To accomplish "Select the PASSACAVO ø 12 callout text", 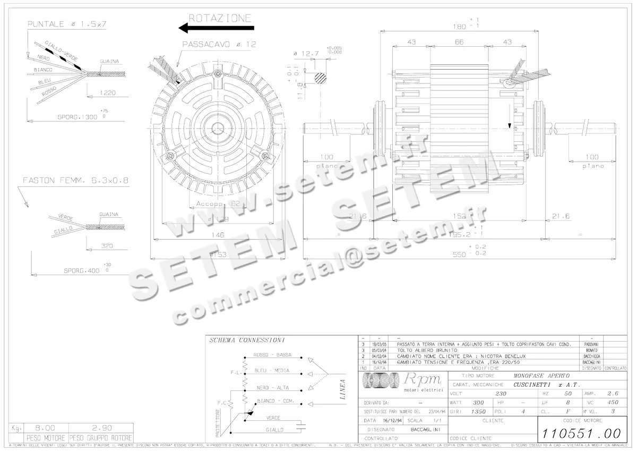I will pyautogui.click(x=219, y=45).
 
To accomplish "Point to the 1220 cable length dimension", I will pyautogui.click(x=107, y=92).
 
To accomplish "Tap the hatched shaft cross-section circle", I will pyautogui.click(x=321, y=77).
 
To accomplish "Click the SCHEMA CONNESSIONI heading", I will pyautogui.click(x=247, y=340).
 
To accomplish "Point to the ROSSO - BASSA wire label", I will pyautogui.click(x=272, y=354).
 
